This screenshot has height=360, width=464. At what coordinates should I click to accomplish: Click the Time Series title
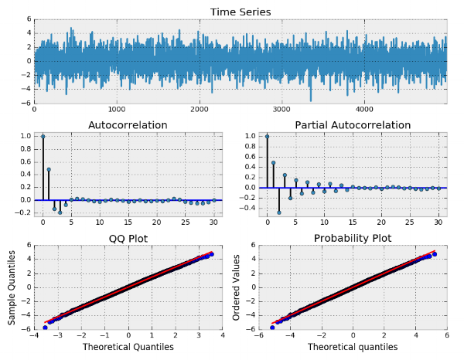pyautogui.click(x=240, y=12)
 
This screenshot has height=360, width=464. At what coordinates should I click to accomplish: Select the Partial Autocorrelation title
pyautogui.click(x=352, y=124)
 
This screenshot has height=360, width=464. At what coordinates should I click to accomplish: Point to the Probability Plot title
pyautogui.click(x=352, y=238)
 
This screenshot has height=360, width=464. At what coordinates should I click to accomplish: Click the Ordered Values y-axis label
pyautogui.click(x=238, y=287)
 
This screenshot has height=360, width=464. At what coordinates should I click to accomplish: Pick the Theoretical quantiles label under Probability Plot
pyautogui.click(x=352, y=348)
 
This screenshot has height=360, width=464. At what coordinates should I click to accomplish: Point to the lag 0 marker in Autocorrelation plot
pyautogui.click(x=43, y=136)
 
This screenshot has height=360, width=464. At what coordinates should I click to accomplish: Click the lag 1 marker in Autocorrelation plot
pyautogui.click(x=49, y=169)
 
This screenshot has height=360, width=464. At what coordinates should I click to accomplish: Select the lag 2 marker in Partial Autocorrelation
pyautogui.click(x=279, y=212)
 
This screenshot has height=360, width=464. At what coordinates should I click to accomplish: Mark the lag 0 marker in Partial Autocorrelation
pyautogui.click(x=267, y=136)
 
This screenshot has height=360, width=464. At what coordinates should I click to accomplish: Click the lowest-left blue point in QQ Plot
pyautogui.click(x=45, y=328)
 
